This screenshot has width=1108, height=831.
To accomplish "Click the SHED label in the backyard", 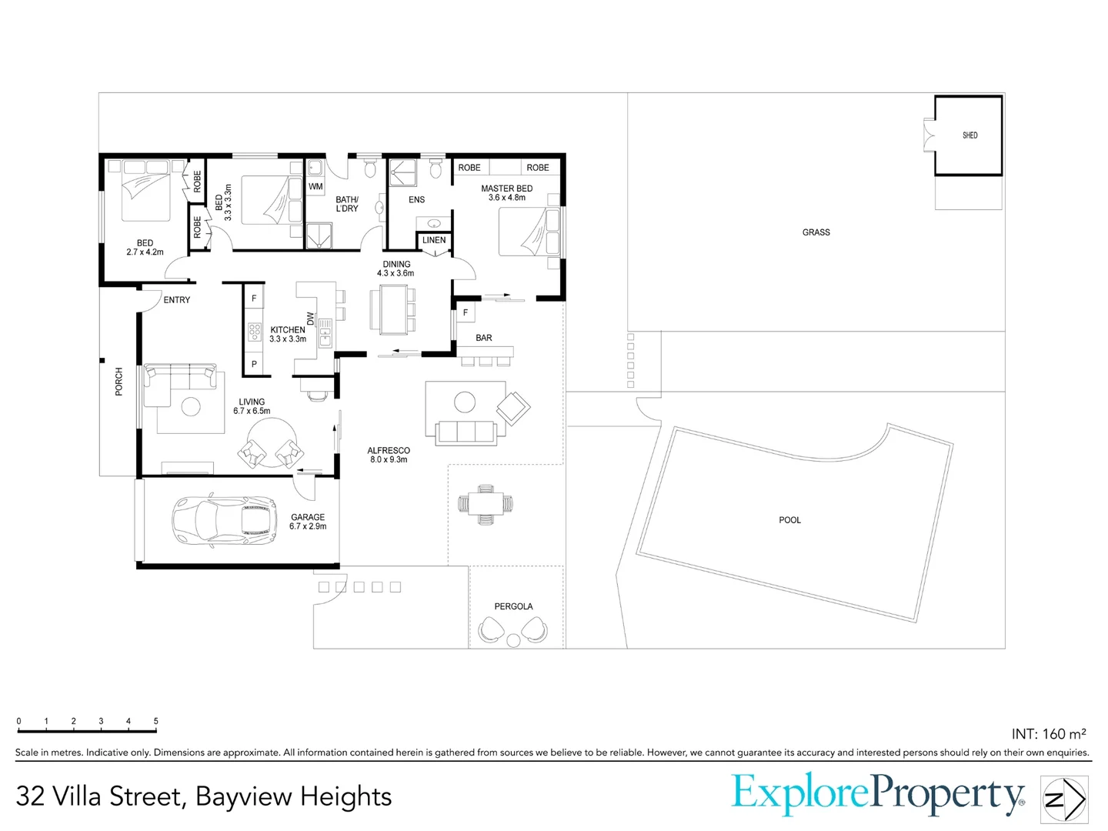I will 969,135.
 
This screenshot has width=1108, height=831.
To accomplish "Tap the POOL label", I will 789,520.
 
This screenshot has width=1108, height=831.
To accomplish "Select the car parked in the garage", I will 224,521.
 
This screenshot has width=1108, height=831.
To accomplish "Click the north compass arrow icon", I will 1064,799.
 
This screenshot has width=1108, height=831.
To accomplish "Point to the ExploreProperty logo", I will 877,795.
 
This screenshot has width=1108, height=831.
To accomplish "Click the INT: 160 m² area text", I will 1048,734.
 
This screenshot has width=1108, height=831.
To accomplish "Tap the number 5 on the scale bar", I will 155,721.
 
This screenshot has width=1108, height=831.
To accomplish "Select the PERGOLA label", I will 513,606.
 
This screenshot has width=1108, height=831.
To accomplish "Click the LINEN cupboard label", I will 434,240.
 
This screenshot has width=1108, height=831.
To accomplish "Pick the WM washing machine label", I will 315,186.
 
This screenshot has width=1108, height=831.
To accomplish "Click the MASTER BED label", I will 506,189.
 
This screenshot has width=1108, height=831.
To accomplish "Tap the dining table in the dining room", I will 392,309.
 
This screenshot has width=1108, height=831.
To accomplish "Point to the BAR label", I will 483,338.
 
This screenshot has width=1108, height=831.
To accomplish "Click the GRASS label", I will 816,232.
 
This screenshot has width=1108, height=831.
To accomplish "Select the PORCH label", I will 118,382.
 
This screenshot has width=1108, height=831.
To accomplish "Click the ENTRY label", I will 176,300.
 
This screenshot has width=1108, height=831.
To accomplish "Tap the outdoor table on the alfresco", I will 486,504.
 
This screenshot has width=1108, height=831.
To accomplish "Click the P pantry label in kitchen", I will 254,364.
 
